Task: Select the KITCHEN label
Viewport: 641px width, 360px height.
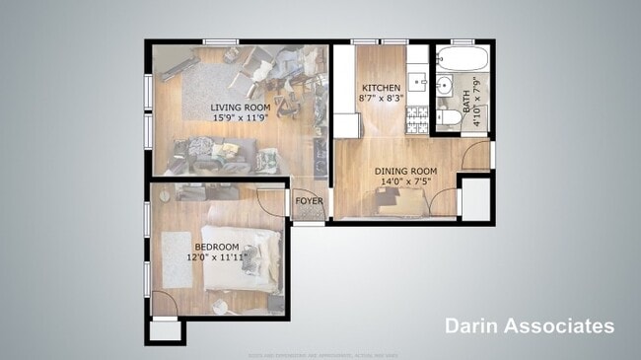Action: pyautogui.click(x=381, y=87)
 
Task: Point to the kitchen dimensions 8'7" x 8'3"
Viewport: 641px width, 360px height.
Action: pyautogui.click(x=381, y=98)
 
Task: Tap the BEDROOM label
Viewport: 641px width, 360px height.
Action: pyautogui.click(x=216, y=247)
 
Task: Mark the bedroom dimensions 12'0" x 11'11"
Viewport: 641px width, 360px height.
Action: pyautogui.click(x=216, y=257)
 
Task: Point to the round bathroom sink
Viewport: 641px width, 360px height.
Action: pyautogui.click(x=443, y=86)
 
